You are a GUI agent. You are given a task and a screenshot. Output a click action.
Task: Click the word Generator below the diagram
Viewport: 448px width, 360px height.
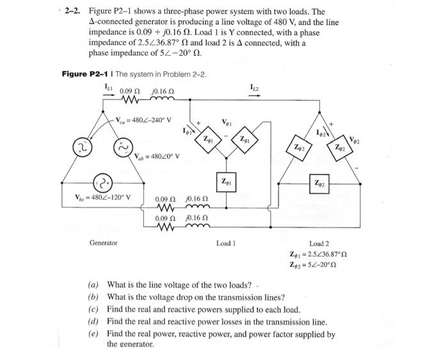click(104, 243)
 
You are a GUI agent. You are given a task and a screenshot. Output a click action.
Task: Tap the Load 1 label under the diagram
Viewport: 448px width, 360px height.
click(227, 243)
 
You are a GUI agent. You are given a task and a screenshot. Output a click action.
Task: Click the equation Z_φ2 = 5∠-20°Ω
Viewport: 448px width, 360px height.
click(316, 266)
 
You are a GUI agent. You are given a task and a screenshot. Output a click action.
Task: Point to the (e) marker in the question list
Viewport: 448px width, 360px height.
click(93, 334)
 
